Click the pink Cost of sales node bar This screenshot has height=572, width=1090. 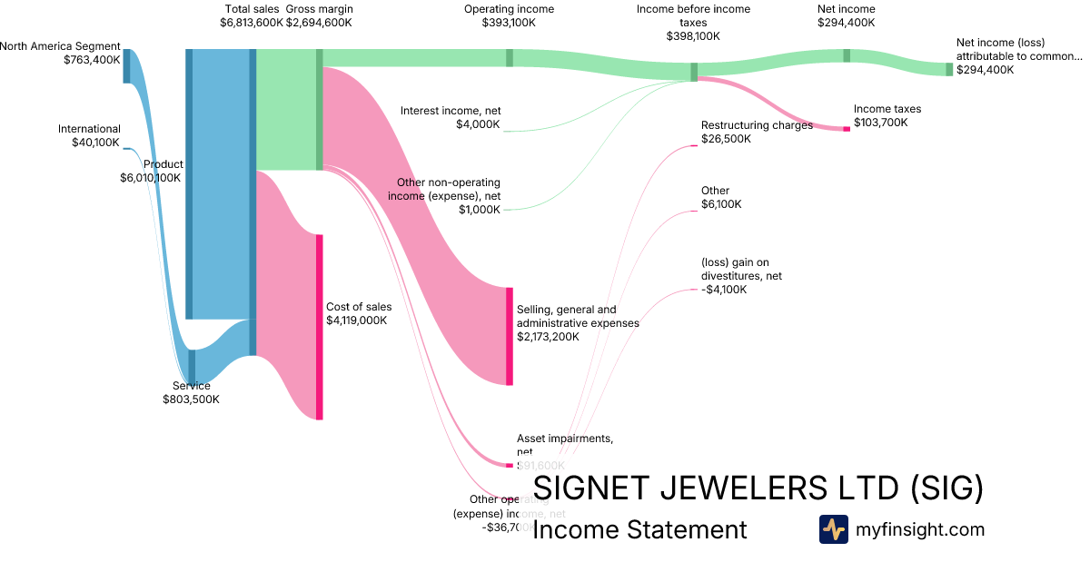[x=320, y=327]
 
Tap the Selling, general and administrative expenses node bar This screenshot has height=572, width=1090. [x=510, y=336]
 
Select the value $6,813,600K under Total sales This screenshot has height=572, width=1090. [x=252, y=23]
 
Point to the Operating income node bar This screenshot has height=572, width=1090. [x=510, y=57]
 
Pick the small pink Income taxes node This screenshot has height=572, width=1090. [x=847, y=129]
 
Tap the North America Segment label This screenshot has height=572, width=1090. [x=60, y=46]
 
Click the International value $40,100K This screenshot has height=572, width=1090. [x=95, y=143]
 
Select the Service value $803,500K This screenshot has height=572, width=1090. [x=191, y=399]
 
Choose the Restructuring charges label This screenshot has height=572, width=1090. [x=757, y=125]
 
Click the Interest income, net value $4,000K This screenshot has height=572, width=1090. [x=478, y=124]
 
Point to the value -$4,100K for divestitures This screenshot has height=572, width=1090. [x=724, y=290]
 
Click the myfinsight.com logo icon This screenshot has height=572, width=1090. [x=833, y=529]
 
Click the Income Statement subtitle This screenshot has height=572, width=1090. [x=639, y=529]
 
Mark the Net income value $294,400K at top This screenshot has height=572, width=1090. [x=847, y=23]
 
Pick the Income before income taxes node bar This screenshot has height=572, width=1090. [x=694, y=73]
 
